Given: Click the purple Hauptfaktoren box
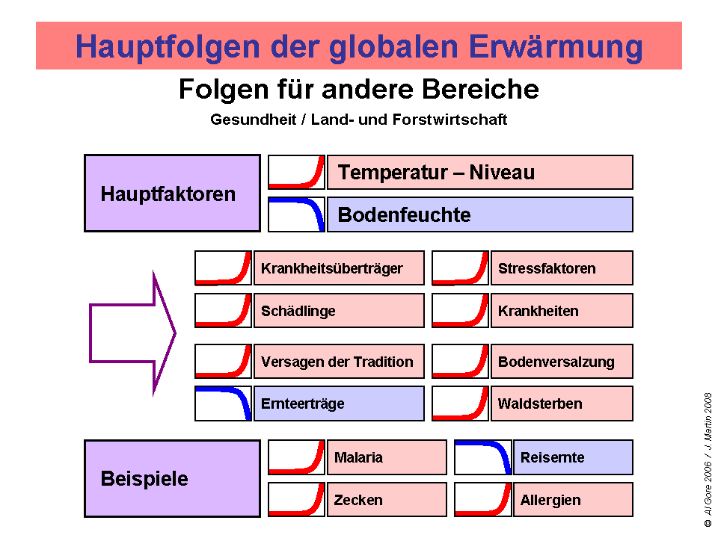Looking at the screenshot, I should coord(172,194).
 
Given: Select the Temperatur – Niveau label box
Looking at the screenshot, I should coord(479,173).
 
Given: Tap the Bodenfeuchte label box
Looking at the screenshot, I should coord(479,214).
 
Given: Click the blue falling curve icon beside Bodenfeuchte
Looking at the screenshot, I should coord(297,214).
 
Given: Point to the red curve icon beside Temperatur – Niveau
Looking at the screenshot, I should coord(297,173).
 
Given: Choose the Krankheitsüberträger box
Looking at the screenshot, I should coord(339,268).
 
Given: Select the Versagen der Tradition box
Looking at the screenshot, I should coord(339,362).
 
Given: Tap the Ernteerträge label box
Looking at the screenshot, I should coord(339,403).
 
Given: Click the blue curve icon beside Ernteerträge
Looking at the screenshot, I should coord(224,403).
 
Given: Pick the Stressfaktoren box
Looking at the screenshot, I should coord(561,268).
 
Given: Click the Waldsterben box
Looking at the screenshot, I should coord(561,403).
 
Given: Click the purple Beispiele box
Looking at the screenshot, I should coord(172,478).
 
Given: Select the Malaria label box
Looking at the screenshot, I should coord(386,457).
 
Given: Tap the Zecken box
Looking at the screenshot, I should coord(386,499).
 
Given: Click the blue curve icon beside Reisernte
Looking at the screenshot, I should coord(483,457).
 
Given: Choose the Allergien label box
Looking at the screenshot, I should coord(572,499).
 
